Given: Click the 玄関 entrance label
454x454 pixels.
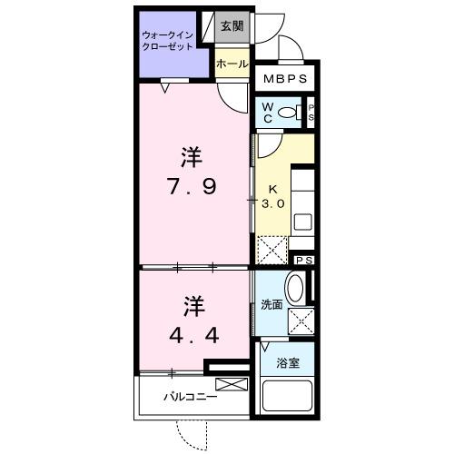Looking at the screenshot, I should click(x=231, y=27).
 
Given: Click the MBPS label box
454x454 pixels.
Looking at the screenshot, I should click(x=285, y=79).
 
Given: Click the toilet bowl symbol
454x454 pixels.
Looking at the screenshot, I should click(x=289, y=113).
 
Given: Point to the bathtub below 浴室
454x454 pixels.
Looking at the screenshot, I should click(x=288, y=397).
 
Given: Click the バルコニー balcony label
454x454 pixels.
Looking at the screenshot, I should click(x=190, y=397).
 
